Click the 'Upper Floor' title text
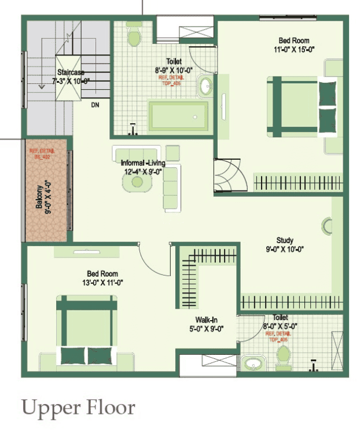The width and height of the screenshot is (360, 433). point(78,408)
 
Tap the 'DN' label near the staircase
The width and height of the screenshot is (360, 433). point(95,105)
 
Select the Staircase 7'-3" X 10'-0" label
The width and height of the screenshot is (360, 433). point(71,77)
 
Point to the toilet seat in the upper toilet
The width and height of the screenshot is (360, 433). point(134,38)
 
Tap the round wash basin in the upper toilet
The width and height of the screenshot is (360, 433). point(206,88)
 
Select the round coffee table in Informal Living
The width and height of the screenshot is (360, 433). point(137,182)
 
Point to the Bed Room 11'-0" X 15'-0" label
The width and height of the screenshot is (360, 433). point(294,45)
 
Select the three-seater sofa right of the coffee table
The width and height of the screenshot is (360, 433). point(171,188)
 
